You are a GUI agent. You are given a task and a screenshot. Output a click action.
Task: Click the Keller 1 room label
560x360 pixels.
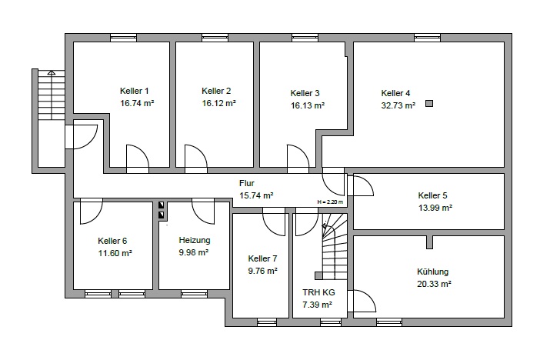coord(134,91)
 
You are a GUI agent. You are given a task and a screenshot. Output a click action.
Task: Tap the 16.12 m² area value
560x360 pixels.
coord(218,103)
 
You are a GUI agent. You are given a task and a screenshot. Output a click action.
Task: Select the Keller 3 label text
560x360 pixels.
coord(305,93)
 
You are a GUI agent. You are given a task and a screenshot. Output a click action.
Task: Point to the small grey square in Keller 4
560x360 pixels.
coord(429,103)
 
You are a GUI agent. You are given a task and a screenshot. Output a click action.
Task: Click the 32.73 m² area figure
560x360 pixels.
coord(398,105)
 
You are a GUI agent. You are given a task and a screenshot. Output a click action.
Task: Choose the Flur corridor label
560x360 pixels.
coord(246,183)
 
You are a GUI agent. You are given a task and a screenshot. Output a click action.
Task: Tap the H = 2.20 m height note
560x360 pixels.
coord(330,202)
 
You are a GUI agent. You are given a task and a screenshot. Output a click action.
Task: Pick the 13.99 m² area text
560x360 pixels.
coord(435,208)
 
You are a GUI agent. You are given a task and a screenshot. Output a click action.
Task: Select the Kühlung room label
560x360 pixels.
coord(432,272)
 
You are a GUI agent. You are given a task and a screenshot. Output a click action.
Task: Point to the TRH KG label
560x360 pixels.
coord(318,292)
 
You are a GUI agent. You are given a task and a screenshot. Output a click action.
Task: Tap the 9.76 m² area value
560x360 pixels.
coord(262,271)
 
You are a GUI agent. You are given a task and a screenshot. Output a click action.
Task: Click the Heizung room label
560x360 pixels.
coord(195,240)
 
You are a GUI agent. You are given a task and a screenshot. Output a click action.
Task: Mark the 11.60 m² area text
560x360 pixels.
coord(115,253)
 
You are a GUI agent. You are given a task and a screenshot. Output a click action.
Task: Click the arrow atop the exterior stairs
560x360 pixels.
coord(52,72)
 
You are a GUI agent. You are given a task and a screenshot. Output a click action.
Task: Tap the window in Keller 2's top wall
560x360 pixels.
coord(215,38)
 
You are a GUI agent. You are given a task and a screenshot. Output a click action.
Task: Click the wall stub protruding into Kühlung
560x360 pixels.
coord(430,242)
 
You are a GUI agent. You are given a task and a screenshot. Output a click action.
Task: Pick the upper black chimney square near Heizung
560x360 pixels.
coord(162,205)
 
